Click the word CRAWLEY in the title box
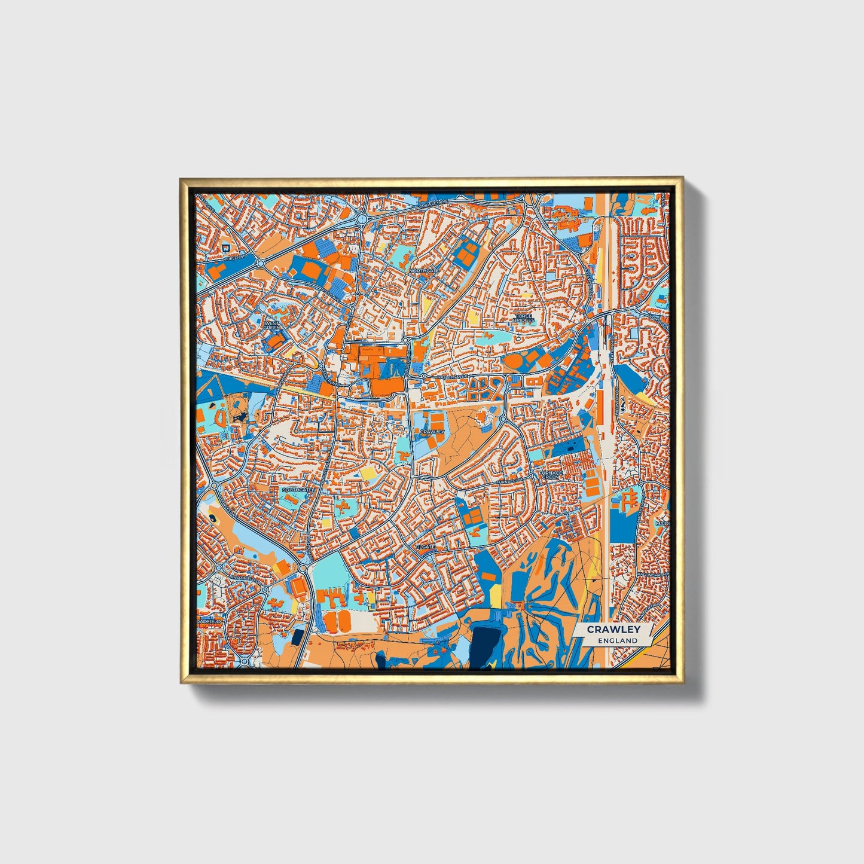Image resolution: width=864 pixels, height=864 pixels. [x=613, y=630]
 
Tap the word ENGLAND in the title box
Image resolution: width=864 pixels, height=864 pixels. [x=617, y=640]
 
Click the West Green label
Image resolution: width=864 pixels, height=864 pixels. [x=272, y=324]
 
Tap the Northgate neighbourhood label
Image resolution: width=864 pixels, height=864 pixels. [x=424, y=271]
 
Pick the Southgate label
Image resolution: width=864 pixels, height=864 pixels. [x=297, y=490]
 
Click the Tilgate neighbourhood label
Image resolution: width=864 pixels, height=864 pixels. [x=427, y=547]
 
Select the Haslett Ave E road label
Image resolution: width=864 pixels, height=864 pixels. [x=452, y=377]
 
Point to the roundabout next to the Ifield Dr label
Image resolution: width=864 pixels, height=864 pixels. [x=261, y=263]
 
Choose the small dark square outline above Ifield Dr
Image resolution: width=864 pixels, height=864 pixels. [x=225, y=247]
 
